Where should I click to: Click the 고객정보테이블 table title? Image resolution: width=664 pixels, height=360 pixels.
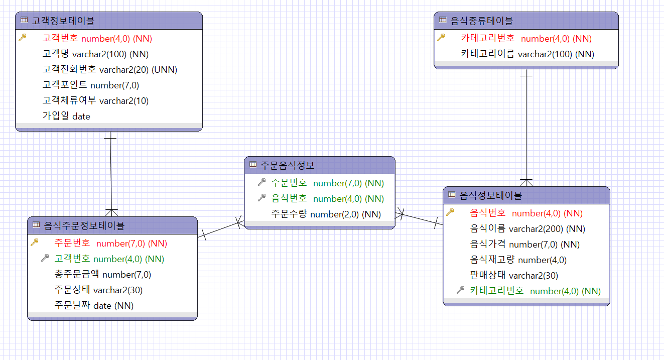click(63, 21)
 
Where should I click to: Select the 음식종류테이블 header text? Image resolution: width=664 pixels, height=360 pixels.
click(481, 21)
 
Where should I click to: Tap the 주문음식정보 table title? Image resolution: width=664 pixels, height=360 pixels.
click(288, 164)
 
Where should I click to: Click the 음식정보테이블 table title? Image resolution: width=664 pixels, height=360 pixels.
click(491, 195)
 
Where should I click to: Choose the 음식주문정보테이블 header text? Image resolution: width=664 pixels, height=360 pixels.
click(84, 225)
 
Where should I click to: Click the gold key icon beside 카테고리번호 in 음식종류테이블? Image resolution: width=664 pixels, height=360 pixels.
click(441, 38)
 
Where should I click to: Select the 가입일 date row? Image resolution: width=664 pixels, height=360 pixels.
click(66, 116)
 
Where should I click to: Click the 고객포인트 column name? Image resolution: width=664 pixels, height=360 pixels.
click(65, 85)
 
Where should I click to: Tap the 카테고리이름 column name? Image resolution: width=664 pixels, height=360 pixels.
click(487, 54)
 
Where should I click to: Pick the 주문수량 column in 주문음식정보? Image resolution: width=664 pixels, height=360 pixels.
click(289, 214)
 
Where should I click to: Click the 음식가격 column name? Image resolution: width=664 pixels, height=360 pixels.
click(488, 244)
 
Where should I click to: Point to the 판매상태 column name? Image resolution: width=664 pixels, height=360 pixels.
click(488, 275)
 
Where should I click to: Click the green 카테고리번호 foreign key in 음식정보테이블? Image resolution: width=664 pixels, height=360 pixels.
click(497, 291)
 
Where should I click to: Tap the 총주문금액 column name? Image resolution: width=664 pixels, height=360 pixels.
click(77, 274)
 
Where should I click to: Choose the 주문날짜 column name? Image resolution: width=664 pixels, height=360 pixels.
click(72, 305)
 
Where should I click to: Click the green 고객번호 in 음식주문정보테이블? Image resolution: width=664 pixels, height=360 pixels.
click(72, 259)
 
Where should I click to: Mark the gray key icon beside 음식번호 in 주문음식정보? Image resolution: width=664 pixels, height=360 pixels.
click(261, 198)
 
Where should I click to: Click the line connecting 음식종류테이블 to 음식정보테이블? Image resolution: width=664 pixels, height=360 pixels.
click(526, 126)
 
